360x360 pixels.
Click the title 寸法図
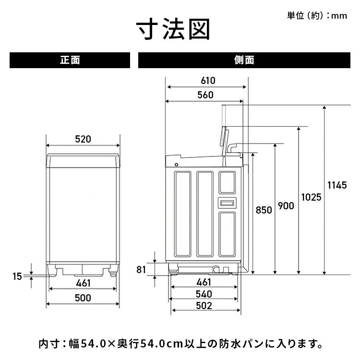point(173,30)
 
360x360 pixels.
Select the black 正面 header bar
point(70,60)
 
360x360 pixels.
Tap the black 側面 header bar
point(244,60)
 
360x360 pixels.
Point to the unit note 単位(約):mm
point(317,16)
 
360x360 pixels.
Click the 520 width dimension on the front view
point(83,140)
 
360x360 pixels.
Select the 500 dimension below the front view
point(83,298)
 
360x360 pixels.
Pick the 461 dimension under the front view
point(83,284)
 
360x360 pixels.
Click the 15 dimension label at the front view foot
point(17,276)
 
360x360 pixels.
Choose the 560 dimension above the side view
point(205,95)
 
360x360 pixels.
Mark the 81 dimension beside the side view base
point(141,269)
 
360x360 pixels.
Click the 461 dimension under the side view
point(204,282)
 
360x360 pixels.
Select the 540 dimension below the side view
point(204,294)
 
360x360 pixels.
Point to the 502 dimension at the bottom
point(204,306)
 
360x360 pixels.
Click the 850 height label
point(264,210)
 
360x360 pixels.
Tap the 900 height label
point(286,206)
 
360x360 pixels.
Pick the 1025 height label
point(311,197)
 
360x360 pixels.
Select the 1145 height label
point(336,185)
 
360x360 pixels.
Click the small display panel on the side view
point(228,203)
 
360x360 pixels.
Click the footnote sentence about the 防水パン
point(180,344)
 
